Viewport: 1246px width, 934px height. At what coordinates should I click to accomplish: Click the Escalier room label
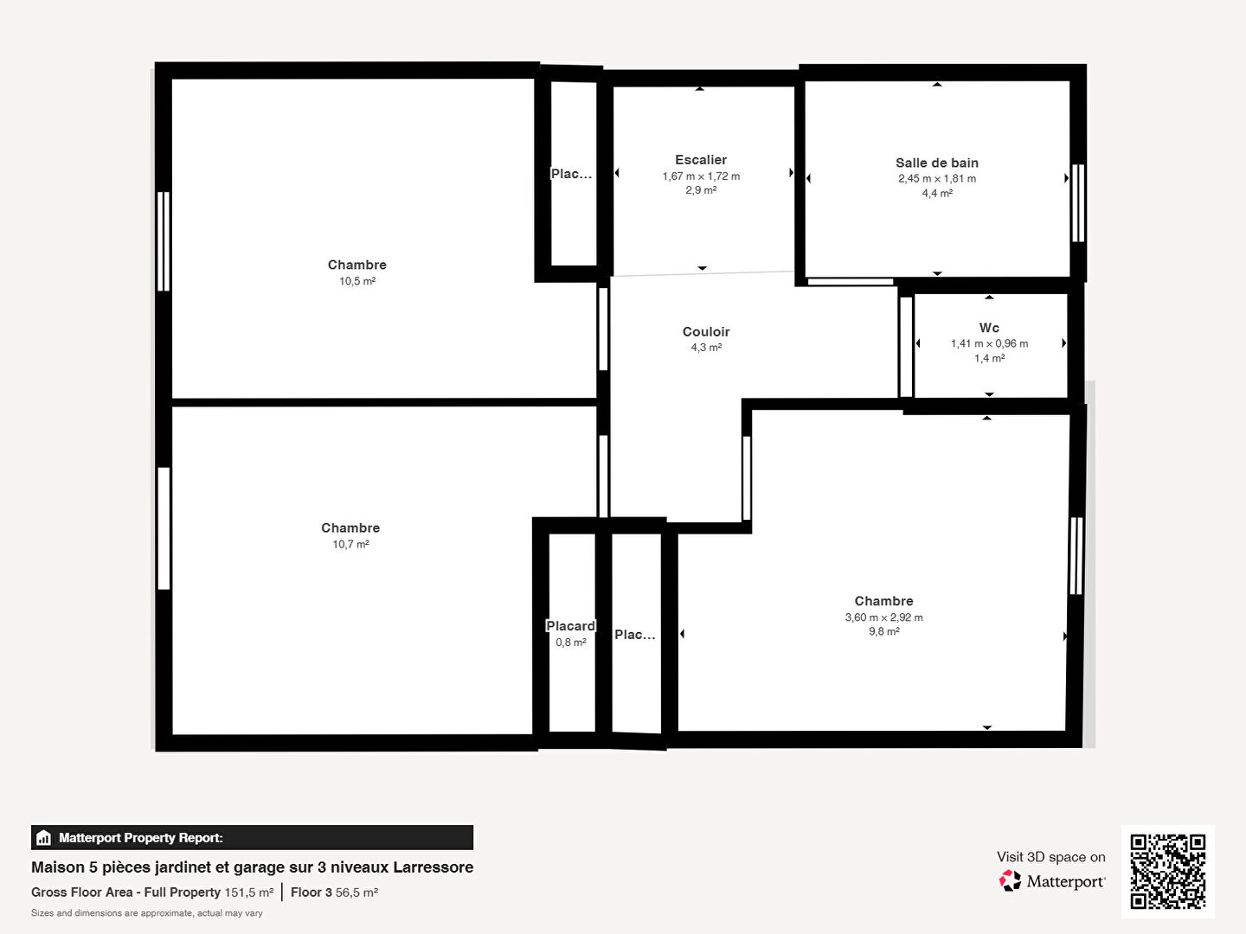[701, 160]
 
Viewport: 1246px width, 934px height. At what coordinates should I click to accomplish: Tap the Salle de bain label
[936, 163]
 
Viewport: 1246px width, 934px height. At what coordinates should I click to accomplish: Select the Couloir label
[705, 332]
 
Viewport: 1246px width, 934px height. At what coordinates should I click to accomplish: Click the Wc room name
[989, 328]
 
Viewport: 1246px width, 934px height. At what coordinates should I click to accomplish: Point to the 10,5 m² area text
[357, 281]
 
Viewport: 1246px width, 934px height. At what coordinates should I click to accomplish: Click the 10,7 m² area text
[350, 545]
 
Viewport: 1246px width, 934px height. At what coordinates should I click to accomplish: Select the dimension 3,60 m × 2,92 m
[883, 617]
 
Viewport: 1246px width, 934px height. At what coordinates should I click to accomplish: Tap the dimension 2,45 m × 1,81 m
[936, 179]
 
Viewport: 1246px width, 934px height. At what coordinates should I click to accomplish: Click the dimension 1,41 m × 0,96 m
[989, 343]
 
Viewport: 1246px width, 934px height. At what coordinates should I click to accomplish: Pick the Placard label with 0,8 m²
[570, 626]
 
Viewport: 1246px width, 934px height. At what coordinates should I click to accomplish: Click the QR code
[1167, 871]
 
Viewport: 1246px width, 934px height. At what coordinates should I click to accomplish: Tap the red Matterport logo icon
[1009, 880]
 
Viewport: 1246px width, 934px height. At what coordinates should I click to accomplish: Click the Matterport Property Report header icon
[43, 838]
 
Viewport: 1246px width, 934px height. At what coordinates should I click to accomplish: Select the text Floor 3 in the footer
[311, 892]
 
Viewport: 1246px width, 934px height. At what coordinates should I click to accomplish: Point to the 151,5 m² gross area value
[248, 892]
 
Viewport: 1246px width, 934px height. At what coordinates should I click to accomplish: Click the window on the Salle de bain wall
[1077, 203]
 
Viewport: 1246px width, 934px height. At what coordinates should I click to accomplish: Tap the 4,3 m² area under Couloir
[705, 348]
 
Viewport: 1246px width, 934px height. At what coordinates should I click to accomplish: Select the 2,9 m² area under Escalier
[701, 190]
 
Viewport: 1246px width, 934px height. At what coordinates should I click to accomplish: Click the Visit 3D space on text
[1050, 857]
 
